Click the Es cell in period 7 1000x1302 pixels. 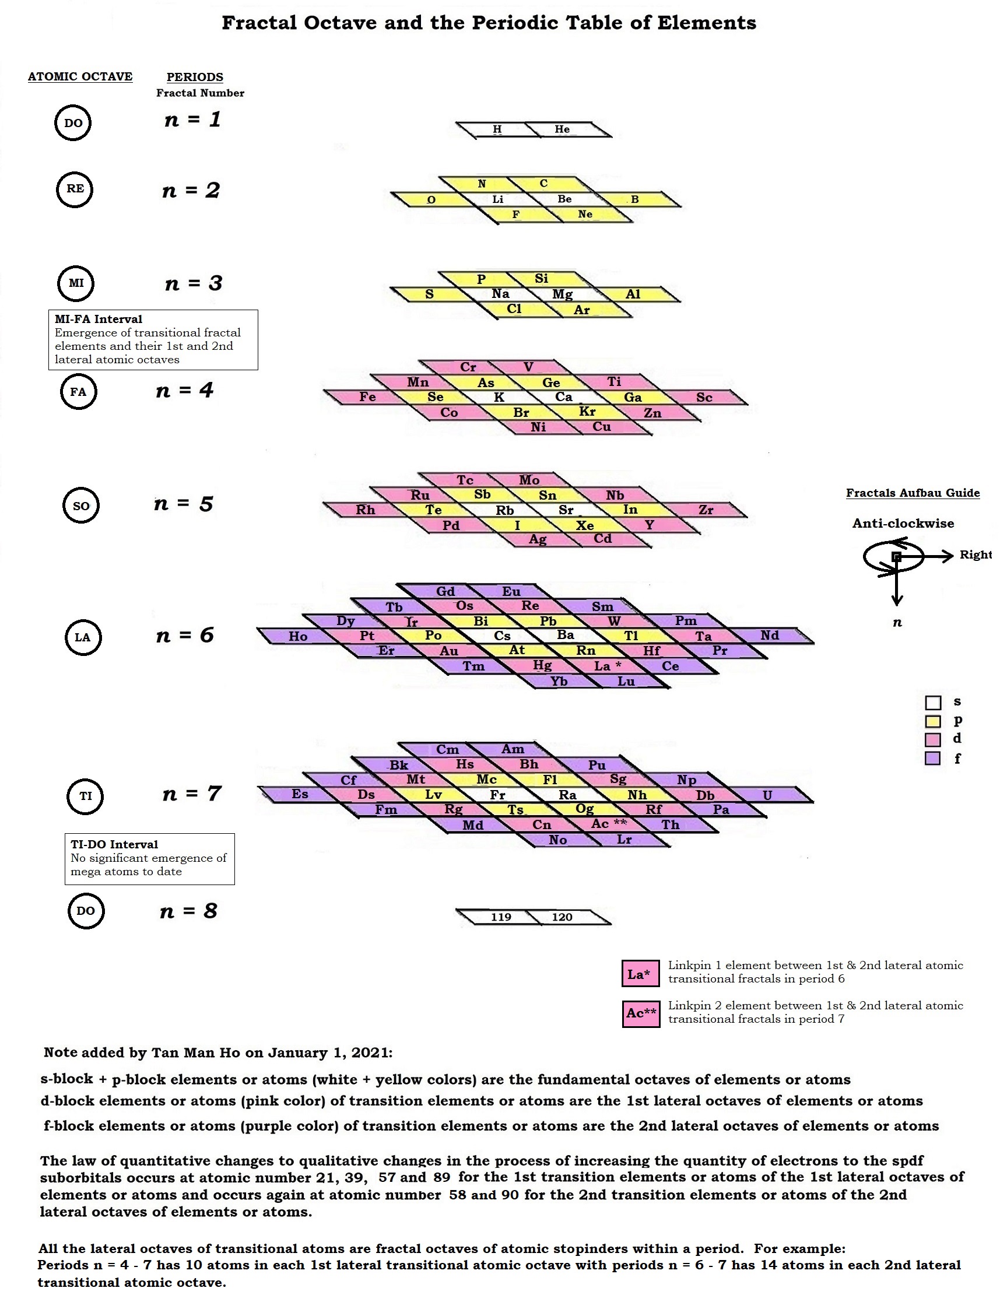pyautogui.click(x=299, y=794)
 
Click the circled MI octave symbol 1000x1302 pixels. pyautogui.click(x=76, y=283)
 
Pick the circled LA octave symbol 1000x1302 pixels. pyautogui.click(x=83, y=637)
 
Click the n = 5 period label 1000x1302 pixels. pyautogui.click(x=183, y=504)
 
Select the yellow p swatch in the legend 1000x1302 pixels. pyautogui.click(x=933, y=721)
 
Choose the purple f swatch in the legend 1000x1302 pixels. pyautogui.click(x=933, y=758)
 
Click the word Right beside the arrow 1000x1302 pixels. pyautogui.click(x=976, y=555)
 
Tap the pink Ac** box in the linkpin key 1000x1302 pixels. pyautogui.click(x=641, y=1013)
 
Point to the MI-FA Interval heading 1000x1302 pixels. pyautogui.click(x=99, y=319)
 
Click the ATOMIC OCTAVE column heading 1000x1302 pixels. pyautogui.click(x=80, y=77)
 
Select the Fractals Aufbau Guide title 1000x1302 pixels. pyautogui.click(x=913, y=493)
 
